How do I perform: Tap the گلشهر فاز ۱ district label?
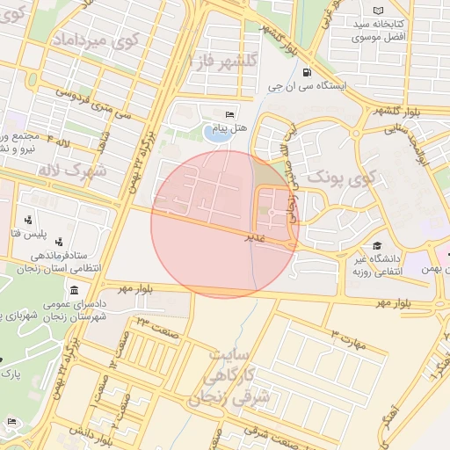pos(226,61)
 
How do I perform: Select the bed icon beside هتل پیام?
pos(230,115)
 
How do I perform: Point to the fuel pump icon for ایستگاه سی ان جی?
pos(305,73)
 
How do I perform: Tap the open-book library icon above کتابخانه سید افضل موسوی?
pos(378,10)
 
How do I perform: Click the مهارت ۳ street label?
pos(346,337)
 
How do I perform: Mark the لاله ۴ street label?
pos(58,141)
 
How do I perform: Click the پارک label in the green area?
pos(11,376)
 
